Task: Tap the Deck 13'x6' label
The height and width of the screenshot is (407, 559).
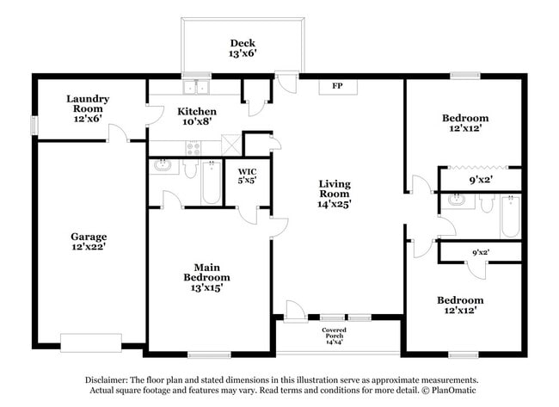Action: click(242, 49)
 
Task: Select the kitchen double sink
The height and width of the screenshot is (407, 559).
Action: click(197, 87)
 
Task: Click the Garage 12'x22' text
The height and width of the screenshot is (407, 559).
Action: click(88, 241)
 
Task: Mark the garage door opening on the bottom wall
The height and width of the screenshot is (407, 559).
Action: click(90, 343)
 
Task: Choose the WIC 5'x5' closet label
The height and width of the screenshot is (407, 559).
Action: click(247, 176)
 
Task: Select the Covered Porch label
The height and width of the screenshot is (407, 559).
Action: click(335, 336)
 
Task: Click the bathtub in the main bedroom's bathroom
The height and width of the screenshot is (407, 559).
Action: click(212, 182)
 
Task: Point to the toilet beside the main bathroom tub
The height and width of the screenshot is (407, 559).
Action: click(191, 169)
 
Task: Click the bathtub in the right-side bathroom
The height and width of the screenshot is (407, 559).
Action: click(510, 215)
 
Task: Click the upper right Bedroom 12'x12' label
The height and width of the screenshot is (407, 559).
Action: click(465, 123)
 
